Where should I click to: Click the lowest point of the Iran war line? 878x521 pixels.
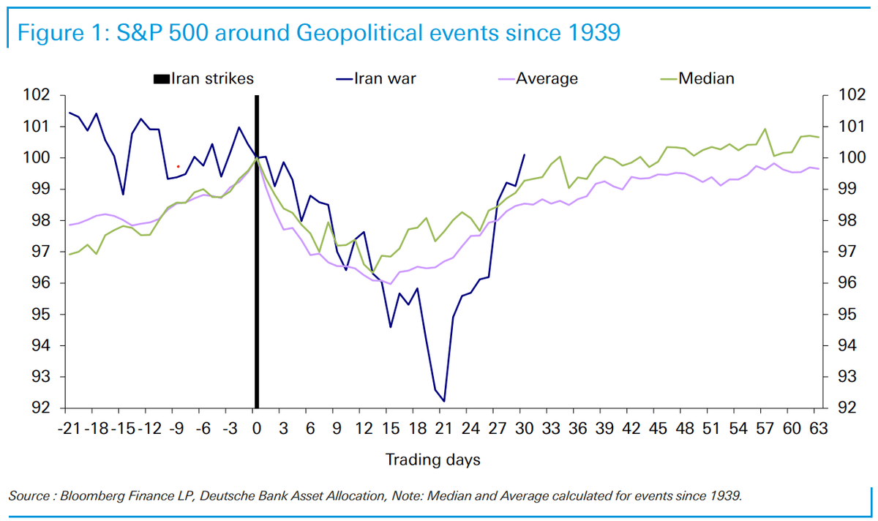[444, 401]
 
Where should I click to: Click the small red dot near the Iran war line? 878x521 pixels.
[178, 166]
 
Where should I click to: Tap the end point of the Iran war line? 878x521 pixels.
[525, 154]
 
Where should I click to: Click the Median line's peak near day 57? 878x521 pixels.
[765, 129]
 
